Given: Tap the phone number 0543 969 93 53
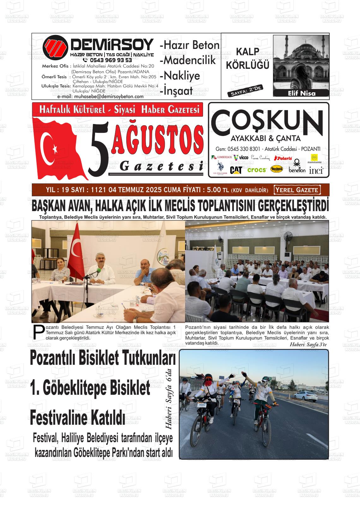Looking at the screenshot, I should coord(111,60).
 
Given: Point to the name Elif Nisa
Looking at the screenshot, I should coord(302,93).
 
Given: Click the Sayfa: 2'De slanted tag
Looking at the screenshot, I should coord(245,91).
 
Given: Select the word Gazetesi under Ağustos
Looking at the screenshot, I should coord(161,167).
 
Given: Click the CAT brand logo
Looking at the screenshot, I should coord(236,170).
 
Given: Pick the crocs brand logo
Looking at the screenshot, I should coord(256,170).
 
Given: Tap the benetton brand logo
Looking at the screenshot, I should coord(297,169).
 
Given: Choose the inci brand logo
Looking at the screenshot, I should coord(316,170).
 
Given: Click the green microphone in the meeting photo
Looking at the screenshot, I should coord(99,270).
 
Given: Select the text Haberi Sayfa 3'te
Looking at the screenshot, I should coord(308,345).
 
